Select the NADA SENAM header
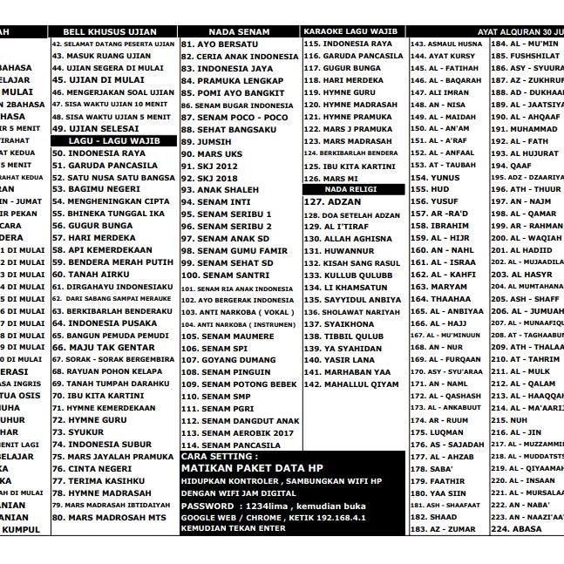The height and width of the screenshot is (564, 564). click(239, 31)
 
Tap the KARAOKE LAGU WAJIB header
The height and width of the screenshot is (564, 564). click(353, 31)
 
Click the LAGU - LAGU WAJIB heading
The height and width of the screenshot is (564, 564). click(113, 140)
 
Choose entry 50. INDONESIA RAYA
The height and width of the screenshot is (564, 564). click(99, 153)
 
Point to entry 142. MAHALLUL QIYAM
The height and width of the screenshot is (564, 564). click(350, 384)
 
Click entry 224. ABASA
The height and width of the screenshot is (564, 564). click(516, 528)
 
